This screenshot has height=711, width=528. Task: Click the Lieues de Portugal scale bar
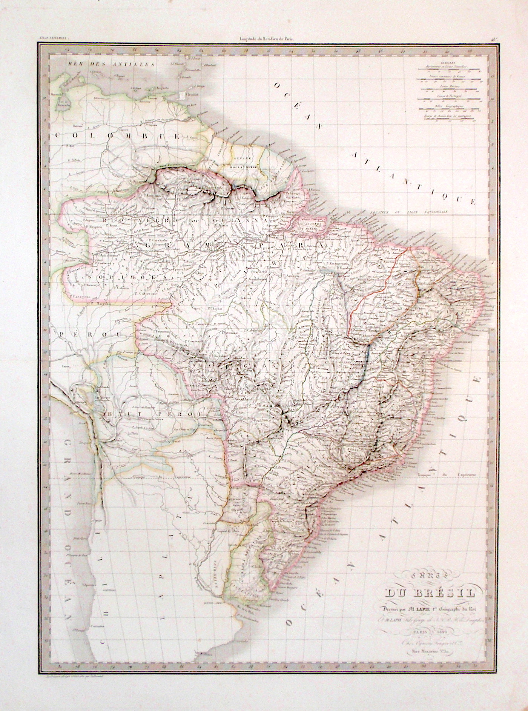coord(450,100)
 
